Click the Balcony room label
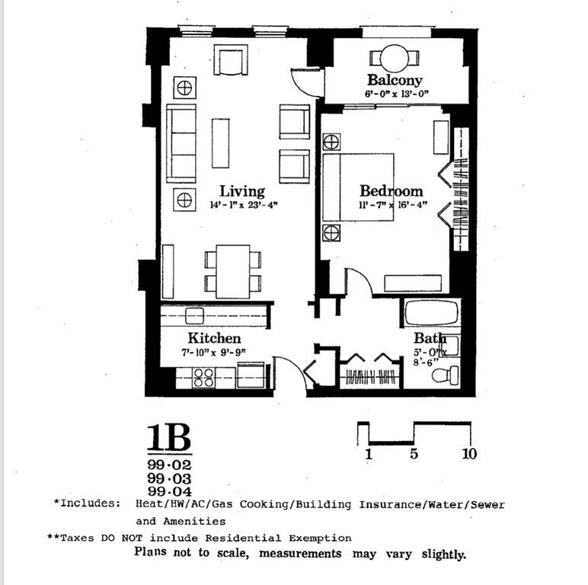[394, 80]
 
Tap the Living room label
[241, 191]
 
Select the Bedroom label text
[391, 191]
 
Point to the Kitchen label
[215, 338]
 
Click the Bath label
[430, 338]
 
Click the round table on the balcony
[395, 58]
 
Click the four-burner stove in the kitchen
[203, 376]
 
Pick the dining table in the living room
[232, 271]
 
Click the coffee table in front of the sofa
[220, 142]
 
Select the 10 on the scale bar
[469, 455]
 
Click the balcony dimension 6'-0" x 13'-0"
[397, 94]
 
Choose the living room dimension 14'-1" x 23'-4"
[242, 205]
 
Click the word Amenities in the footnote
[181, 521]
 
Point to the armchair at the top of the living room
[230, 60]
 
